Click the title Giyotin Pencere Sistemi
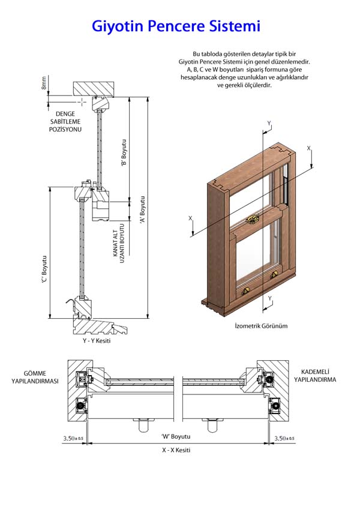176,26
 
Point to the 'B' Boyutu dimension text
124,152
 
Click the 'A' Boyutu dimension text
142,210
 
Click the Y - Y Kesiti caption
97,341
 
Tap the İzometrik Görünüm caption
261,326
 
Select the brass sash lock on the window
254,218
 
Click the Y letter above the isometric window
269,123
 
